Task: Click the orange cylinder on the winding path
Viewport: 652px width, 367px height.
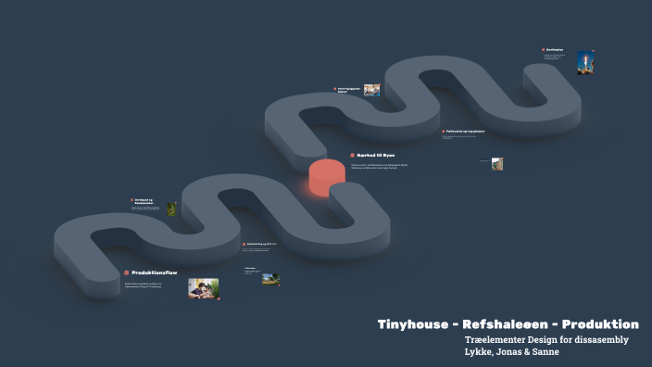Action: click(326, 177)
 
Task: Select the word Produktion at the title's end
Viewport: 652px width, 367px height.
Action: click(603, 324)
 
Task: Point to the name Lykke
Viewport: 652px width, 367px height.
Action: click(483, 353)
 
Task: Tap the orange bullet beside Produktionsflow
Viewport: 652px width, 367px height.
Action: click(126, 272)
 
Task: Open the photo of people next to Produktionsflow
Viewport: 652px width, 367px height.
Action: click(204, 288)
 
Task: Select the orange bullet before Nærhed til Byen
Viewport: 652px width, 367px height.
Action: click(353, 155)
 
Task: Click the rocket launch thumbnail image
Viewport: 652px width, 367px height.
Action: click(584, 62)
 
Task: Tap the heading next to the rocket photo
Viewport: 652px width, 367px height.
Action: click(555, 49)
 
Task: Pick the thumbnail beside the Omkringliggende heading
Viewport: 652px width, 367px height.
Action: click(371, 90)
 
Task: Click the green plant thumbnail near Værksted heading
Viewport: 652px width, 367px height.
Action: click(171, 209)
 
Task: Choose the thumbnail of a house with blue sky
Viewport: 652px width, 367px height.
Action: click(270, 278)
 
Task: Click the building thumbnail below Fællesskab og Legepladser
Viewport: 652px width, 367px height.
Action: click(497, 164)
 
